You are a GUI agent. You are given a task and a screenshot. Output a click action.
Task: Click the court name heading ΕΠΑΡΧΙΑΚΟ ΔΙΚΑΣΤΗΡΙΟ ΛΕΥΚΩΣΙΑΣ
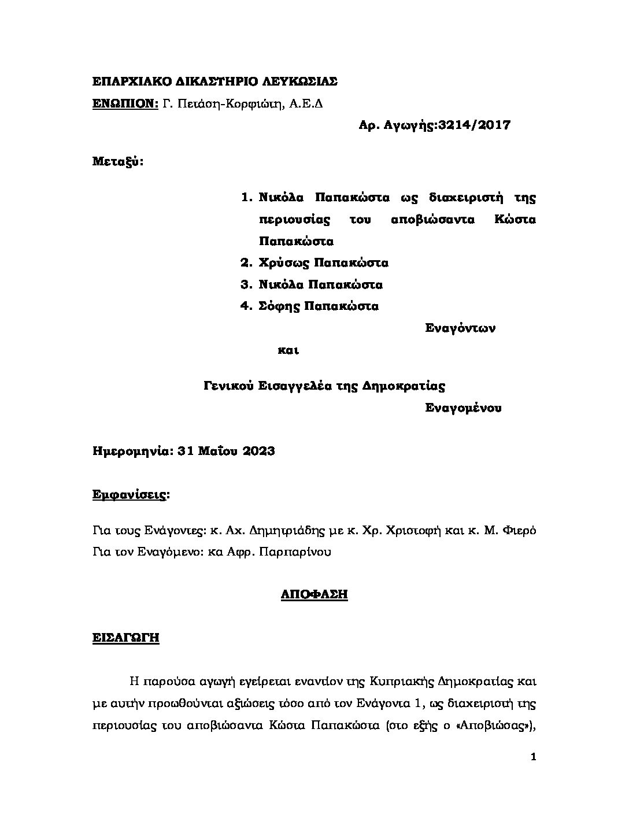pyautogui.click(x=215, y=82)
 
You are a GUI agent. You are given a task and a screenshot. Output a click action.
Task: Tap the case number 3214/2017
pyautogui.click(x=475, y=125)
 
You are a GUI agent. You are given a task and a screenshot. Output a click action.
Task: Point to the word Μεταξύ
pyautogui.click(x=117, y=161)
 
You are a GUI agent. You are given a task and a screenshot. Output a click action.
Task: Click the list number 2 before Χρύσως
pyautogui.click(x=245, y=263)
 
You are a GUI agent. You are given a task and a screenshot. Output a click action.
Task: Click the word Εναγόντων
pyautogui.click(x=460, y=328)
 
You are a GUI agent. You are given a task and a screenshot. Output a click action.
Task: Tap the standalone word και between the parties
pyautogui.click(x=288, y=350)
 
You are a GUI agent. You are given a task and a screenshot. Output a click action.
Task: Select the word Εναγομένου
pyautogui.click(x=463, y=408)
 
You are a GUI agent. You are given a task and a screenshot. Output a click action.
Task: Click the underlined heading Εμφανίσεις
pyautogui.click(x=131, y=495)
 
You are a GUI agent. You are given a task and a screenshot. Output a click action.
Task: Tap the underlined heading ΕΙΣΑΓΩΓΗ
pyautogui.click(x=126, y=638)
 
